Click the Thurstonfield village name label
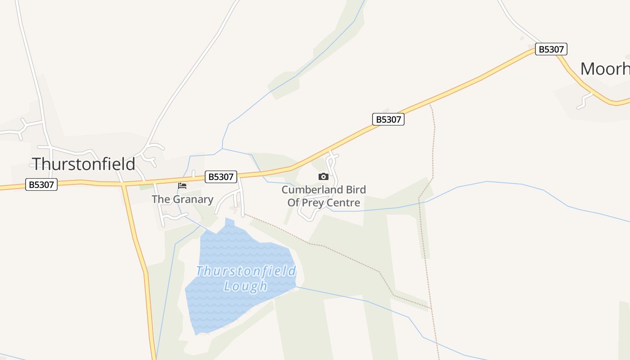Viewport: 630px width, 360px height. pyautogui.click(x=83, y=164)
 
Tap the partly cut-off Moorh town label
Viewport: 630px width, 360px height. pyautogui.click(x=604, y=69)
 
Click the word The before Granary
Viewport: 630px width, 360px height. pyautogui.click(x=160, y=199)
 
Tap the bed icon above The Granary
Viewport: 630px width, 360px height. pyautogui.click(x=182, y=185)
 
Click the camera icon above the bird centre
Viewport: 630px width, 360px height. pyautogui.click(x=323, y=177)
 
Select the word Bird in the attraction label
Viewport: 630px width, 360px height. pyautogui.click(x=356, y=189)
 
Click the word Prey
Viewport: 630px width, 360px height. pyautogui.click(x=316, y=202)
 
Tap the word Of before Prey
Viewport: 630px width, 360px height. pyautogui.click(x=294, y=202)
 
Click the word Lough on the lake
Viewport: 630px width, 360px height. pyautogui.click(x=246, y=286)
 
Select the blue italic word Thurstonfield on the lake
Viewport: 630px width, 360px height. pyautogui.click(x=246, y=271)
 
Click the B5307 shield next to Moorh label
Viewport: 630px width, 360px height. pyautogui.click(x=551, y=49)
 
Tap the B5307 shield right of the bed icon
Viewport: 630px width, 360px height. pyautogui.click(x=220, y=177)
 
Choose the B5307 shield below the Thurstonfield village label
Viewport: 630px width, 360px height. pyautogui.click(x=41, y=184)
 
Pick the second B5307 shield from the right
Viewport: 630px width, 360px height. pyautogui.click(x=388, y=119)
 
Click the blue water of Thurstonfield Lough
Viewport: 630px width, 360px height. pyautogui.click(x=225, y=306)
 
